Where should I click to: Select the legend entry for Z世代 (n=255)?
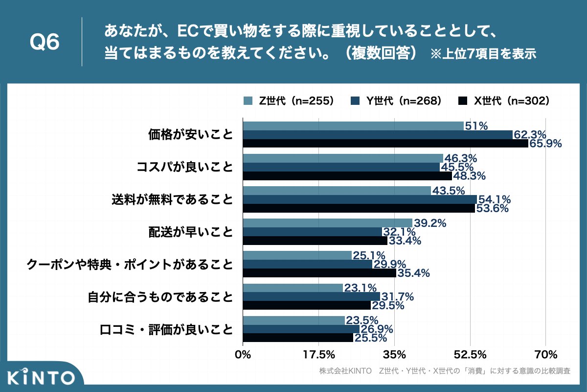(289, 101)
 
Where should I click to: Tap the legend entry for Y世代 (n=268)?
(396, 101)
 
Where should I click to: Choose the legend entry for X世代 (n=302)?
(504, 101)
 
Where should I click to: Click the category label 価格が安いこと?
(191, 135)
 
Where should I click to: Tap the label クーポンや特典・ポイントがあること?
(130, 265)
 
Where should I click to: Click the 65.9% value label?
(545, 144)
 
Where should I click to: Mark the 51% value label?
(476, 126)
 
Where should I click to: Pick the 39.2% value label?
(430, 223)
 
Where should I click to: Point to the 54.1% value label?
(494, 199)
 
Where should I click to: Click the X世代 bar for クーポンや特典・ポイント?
(319, 273)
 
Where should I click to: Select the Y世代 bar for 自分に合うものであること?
(311, 296)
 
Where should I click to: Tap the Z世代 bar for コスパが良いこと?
(343, 158)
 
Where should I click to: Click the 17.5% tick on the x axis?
(318, 354)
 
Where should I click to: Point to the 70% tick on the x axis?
(546, 354)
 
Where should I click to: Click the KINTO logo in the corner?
(42, 377)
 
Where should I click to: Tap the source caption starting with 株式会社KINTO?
(444, 371)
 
